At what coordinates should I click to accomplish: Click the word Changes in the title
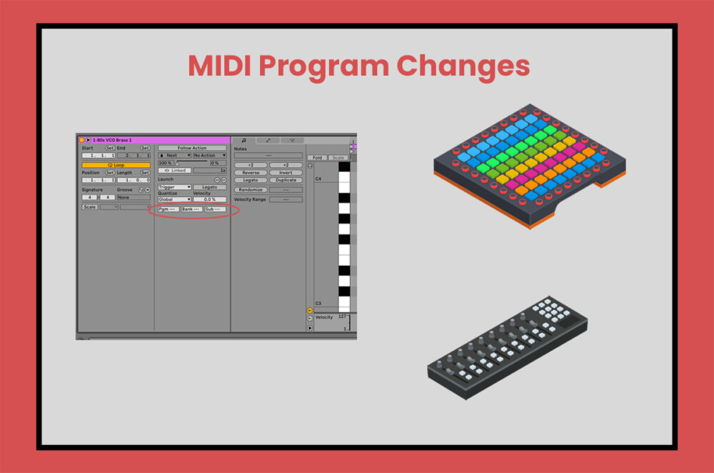(x=463, y=66)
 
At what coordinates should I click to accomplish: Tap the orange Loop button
(x=116, y=164)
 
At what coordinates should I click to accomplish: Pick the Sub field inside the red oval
(x=214, y=209)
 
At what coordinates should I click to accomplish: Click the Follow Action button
(x=192, y=148)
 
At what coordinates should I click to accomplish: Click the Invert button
(x=286, y=172)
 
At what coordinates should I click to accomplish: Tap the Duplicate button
(x=286, y=180)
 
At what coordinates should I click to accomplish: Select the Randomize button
(x=251, y=190)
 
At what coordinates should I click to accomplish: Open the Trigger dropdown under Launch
(x=174, y=187)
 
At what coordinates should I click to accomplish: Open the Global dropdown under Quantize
(x=174, y=199)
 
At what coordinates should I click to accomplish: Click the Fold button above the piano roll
(x=317, y=157)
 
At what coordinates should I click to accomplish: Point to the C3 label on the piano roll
(x=318, y=303)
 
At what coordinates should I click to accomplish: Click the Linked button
(x=174, y=171)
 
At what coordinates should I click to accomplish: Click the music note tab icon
(x=243, y=140)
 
